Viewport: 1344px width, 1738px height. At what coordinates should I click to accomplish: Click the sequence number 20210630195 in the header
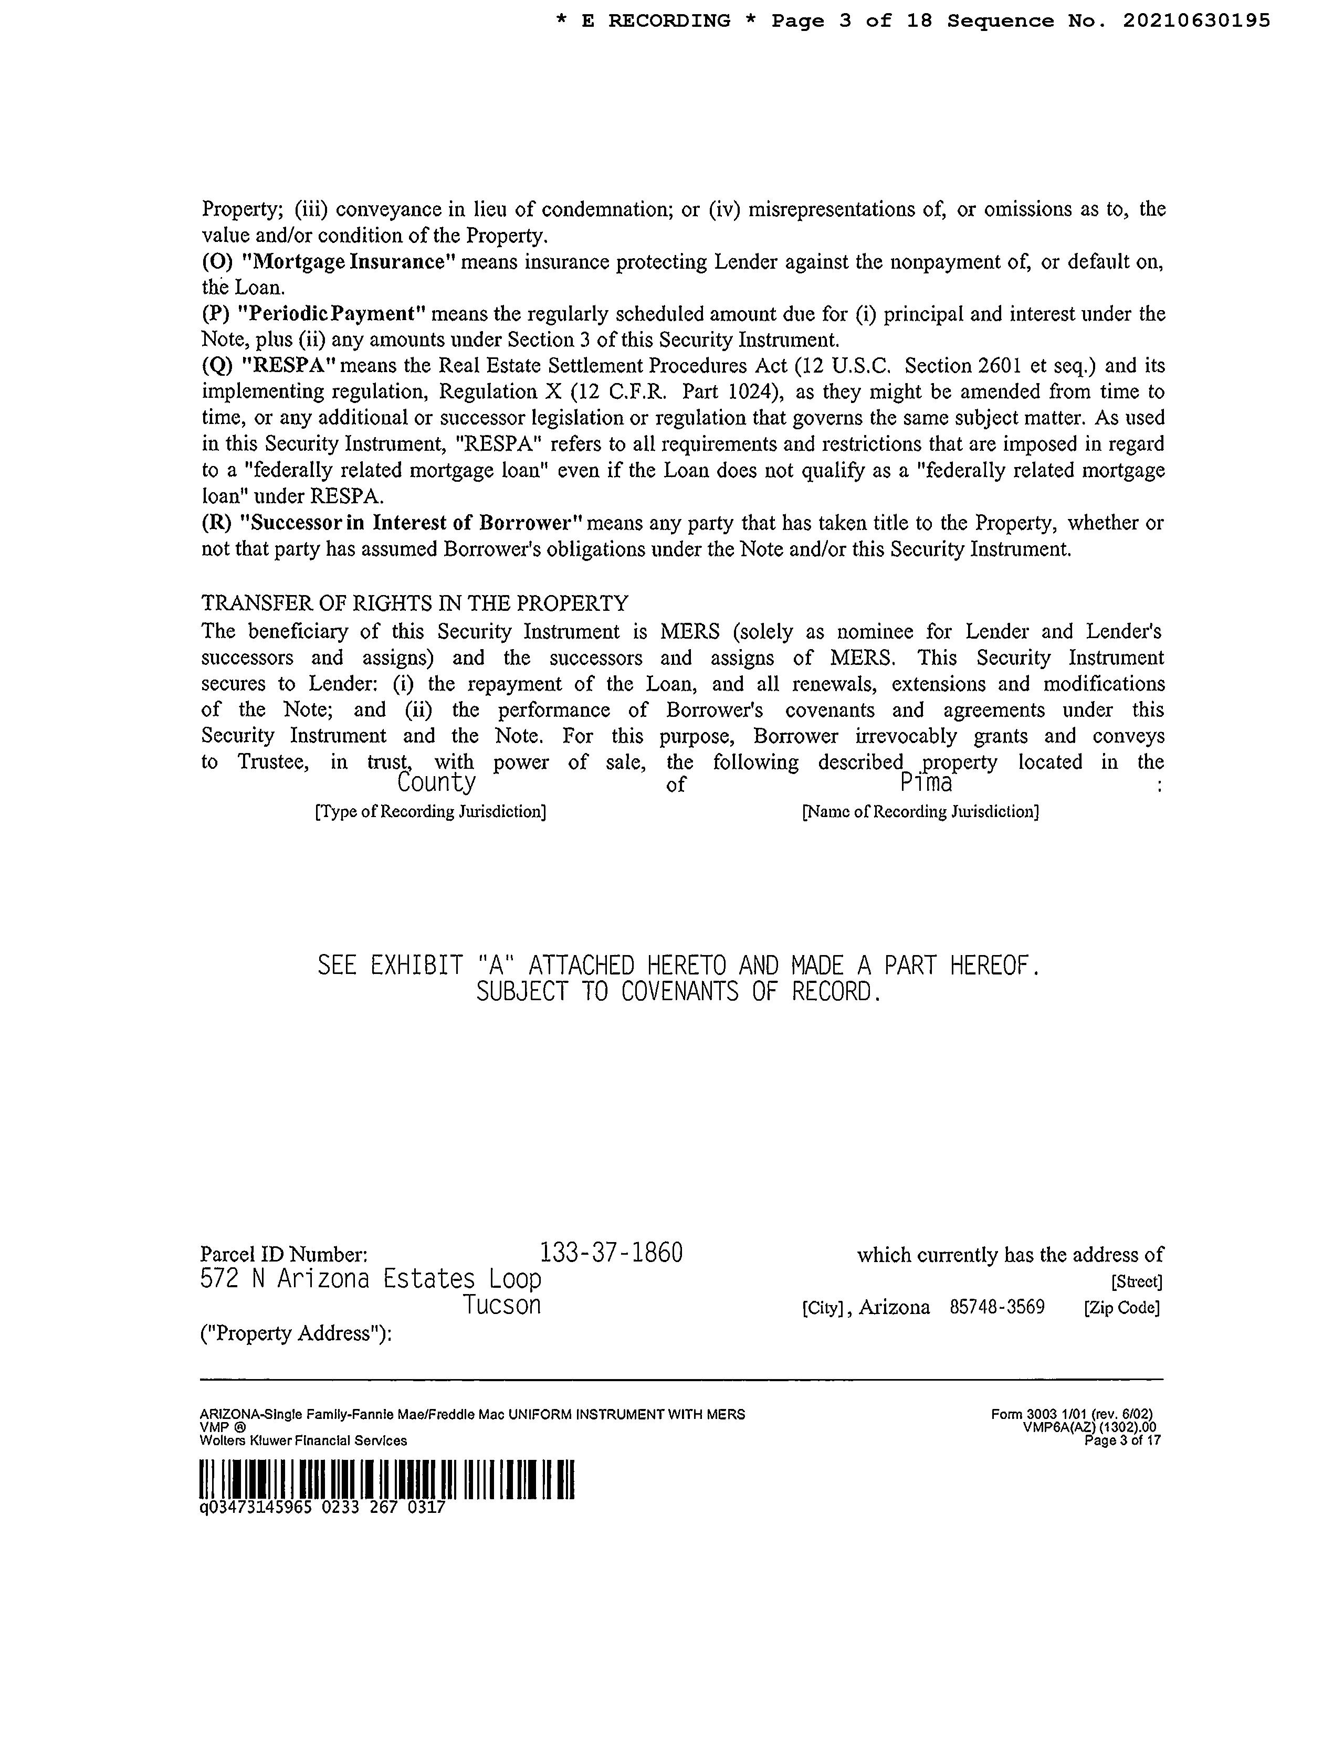pos(1196,22)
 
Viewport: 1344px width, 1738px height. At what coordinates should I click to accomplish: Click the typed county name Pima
pos(926,784)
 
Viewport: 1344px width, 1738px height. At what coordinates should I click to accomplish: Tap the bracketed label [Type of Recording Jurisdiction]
pos(430,812)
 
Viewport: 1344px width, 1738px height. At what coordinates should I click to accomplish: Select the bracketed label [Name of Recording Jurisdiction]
pos(920,812)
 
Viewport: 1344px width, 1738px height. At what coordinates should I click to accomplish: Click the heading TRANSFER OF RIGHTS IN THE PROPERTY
pos(415,603)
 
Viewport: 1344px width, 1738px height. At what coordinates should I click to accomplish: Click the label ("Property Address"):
pos(296,1334)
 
